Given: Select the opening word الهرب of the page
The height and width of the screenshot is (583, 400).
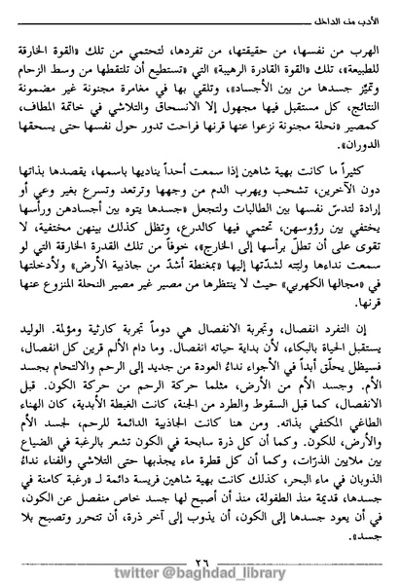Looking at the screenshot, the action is point(358,46).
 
